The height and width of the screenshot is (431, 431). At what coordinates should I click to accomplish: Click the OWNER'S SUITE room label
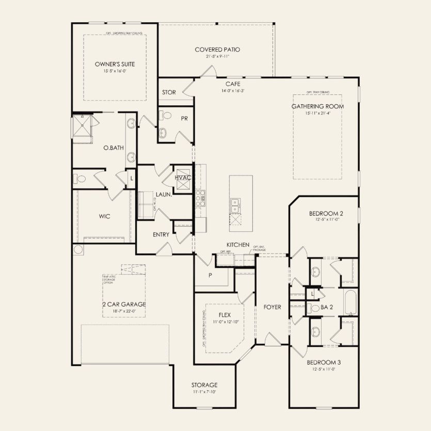tap(115, 64)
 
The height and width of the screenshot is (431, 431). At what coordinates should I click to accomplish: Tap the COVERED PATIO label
tap(217, 50)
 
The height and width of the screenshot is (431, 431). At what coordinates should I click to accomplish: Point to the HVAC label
tap(183, 178)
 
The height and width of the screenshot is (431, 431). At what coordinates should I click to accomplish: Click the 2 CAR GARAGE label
tap(124, 304)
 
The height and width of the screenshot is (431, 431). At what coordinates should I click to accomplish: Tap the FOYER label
tap(272, 307)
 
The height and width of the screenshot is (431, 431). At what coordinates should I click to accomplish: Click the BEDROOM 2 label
tap(326, 213)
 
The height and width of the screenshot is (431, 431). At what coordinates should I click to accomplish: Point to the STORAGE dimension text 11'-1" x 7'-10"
tap(204, 392)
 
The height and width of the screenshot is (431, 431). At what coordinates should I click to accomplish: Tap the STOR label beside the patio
tap(169, 92)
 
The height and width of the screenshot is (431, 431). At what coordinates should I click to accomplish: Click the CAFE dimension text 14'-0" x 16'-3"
tap(232, 90)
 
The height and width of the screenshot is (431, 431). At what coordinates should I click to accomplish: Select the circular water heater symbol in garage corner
tap(78, 250)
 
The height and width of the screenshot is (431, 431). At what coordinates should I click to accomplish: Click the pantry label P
tap(210, 275)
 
